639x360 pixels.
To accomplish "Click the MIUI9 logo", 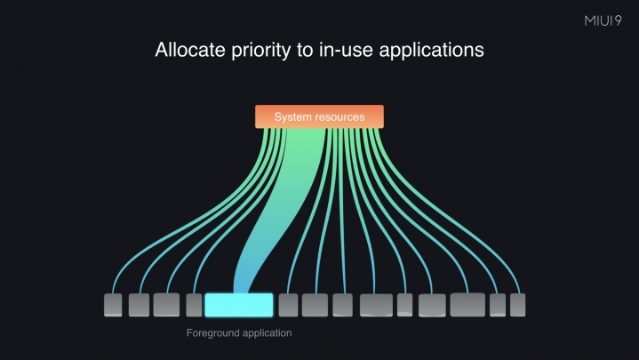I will (x=603, y=20).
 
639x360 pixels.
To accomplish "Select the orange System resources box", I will (x=319, y=116).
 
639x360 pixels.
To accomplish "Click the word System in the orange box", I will (x=292, y=116).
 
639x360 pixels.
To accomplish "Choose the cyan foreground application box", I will (x=238, y=305).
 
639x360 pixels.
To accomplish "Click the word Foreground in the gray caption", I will (x=214, y=333).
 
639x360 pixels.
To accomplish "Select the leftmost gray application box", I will (x=113, y=305).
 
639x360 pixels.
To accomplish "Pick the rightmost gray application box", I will (x=517, y=305).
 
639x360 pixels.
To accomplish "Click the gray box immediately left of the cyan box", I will (x=195, y=305).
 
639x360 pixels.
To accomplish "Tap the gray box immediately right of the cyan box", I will (x=288, y=305).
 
